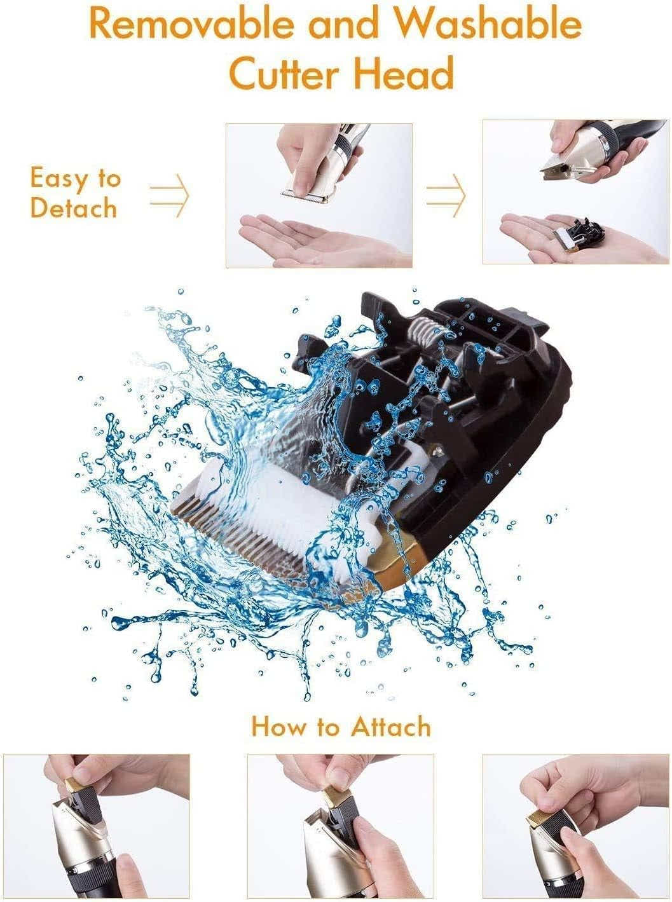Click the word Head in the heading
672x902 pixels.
click(x=403, y=72)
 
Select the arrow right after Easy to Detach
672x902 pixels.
click(x=170, y=195)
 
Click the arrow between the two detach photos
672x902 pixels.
click(x=446, y=195)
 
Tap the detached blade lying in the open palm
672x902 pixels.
click(x=577, y=235)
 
